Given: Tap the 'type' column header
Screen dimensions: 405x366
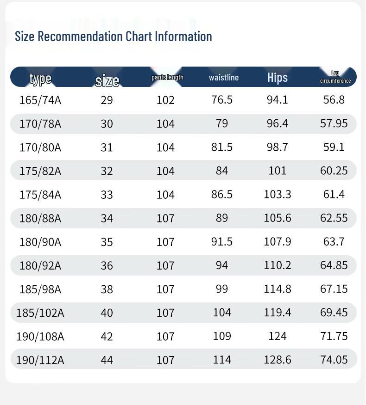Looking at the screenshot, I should (x=40, y=78).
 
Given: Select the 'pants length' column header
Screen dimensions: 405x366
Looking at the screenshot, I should (x=167, y=77).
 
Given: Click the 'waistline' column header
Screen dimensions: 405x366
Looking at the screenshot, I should (x=224, y=77).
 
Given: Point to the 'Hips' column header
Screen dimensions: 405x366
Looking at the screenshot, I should (x=278, y=78).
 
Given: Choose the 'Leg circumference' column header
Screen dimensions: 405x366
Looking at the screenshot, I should (x=335, y=77).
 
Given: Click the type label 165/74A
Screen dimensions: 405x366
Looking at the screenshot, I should (x=40, y=100).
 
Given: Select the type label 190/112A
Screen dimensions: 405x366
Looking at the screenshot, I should (x=40, y=360).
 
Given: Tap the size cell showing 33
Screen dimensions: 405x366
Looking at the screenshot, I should (x=107, y=195).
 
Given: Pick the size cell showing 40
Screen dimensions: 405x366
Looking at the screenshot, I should (x=107, y=313).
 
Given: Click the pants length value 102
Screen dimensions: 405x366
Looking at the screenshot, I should (x=165, y=100).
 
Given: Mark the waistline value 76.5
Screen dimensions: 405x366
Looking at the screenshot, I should (x=222, y=100).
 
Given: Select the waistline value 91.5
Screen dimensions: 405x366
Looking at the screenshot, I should (x=222, y=241).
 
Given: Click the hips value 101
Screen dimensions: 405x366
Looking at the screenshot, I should (x=278, y=171).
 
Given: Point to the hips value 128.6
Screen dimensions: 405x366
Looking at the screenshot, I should (x=278, y=360).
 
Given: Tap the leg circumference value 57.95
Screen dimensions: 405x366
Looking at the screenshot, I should (x=334, y=123).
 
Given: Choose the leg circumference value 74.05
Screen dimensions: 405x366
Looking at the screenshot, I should (x=334, y=360).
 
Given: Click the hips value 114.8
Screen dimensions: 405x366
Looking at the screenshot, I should (x=278, y=289).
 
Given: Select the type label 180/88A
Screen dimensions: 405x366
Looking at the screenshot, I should (x=40, y=218).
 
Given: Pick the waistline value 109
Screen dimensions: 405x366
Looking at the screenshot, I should (x=222, y=336).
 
